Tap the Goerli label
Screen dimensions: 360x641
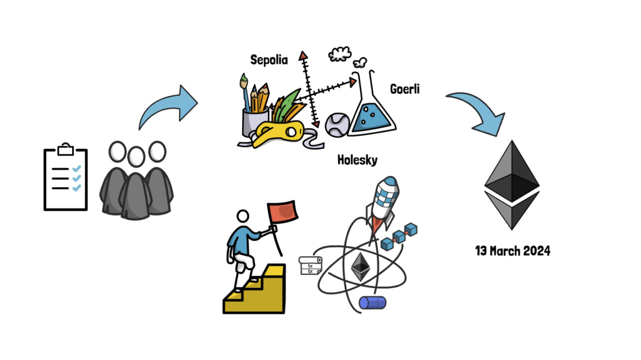pos(404,89)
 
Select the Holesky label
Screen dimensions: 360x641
pos(357,160)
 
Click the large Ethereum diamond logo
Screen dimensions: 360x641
pos(511,185)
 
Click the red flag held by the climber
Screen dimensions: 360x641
pos(283,213)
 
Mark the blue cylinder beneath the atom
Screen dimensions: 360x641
pos(372,303)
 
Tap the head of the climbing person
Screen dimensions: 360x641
pos(244,217)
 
